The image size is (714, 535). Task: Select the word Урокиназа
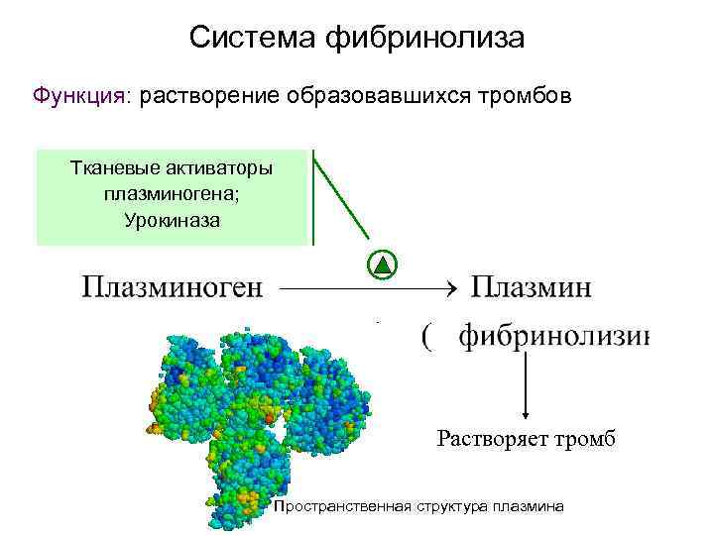coord(173,219)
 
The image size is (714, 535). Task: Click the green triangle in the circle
coord(383,266)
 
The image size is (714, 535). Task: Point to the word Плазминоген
coord(173,288)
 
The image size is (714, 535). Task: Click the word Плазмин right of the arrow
coord(531,288)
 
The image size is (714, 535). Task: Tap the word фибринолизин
coord(554,338)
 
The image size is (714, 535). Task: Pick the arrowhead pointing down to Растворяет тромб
coord(526,417)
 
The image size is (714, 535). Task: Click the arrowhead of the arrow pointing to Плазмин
coord(447,289)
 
